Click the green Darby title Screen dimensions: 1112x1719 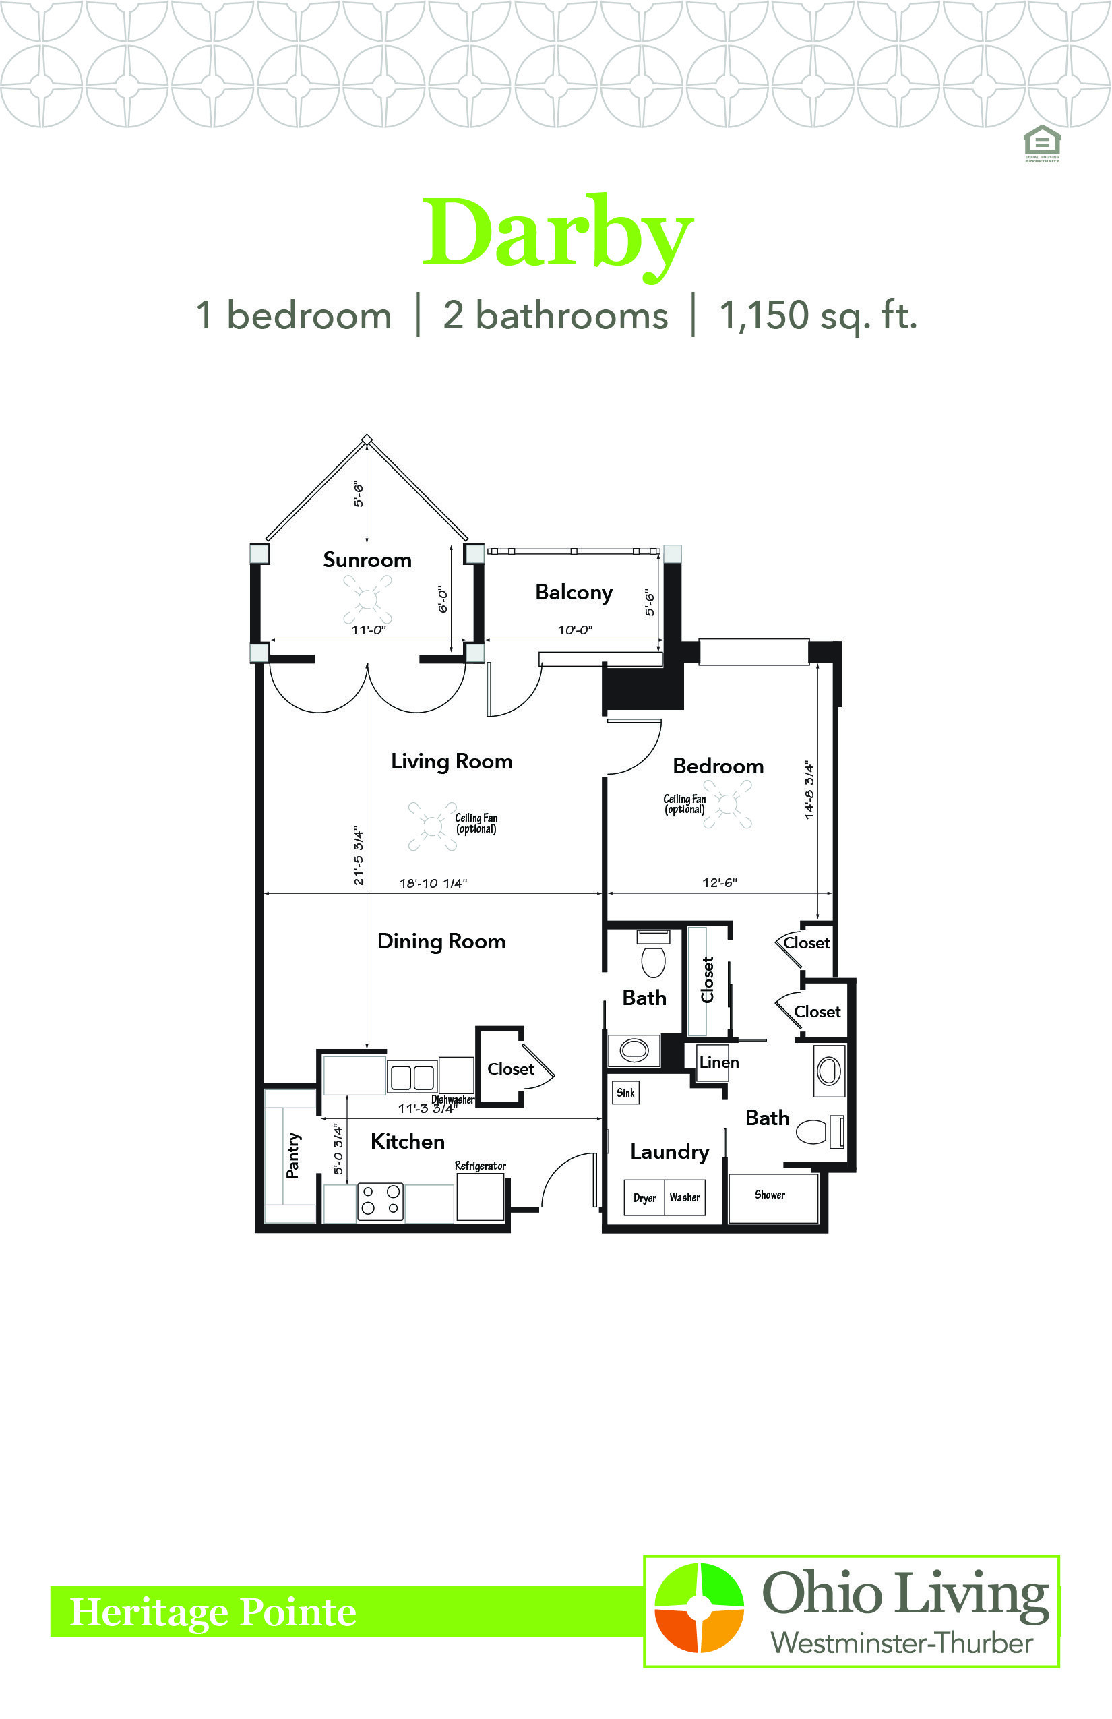[x=557, y=236]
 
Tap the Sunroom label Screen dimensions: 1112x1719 [x=367, y=560]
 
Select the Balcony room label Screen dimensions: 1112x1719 [x=574, y=593]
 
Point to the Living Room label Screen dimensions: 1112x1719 [x=452, y=762]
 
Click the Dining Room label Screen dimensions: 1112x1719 [x=441, y=941]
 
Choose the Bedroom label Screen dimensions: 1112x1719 [x=718, y=766]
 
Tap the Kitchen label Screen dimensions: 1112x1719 [x=407, y=1141]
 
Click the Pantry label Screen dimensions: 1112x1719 [x=292, y=1155]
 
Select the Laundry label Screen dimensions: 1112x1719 [x=669, y=1152]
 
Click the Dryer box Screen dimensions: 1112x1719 [x=644, y=1197]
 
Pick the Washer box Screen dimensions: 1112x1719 [x=685, y=1197]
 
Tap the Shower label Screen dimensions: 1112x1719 [x=770, y=1195]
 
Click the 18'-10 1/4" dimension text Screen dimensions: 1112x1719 [x=433, y=883]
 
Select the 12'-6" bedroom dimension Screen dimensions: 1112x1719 [x=719, y=882]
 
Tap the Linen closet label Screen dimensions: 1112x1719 [x=718, y=1062]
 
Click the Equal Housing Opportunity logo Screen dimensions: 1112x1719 [x=1042, y=143]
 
